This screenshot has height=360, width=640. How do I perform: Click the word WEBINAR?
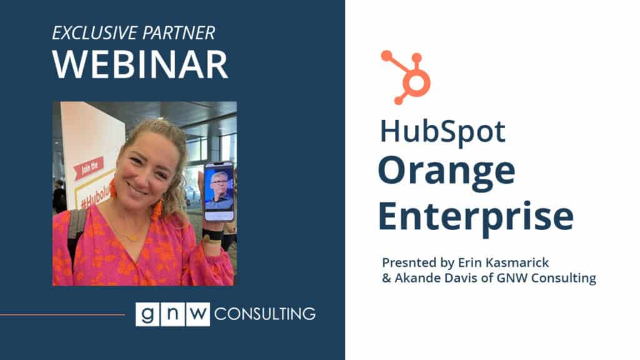pyautogui.click(x=140, y=64)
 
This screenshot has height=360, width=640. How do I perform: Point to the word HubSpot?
pyautogui.click(x=443, y=131)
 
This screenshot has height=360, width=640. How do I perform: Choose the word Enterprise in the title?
pyautogui.click(x=476, y=217)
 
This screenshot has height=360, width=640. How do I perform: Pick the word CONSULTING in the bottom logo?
pyautogui.click(x=265, y=314)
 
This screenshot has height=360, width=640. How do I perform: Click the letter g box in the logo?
pyautogui.click(x=147, y=314)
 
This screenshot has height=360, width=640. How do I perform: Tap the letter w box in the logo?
pyautogui.click(x=198, y=314)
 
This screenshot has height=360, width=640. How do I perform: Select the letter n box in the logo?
pyautogui.click(x=172, y=314)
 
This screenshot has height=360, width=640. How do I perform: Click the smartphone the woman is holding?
pyautogui.click(x=219, y=191)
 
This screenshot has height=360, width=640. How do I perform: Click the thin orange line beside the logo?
pyautogui.click(x=62, y=315)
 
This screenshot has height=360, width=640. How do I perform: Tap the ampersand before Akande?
pyautogui.click(x=386, y=278)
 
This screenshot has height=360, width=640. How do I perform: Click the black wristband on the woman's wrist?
pyautogui.click(x=212, y=234)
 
